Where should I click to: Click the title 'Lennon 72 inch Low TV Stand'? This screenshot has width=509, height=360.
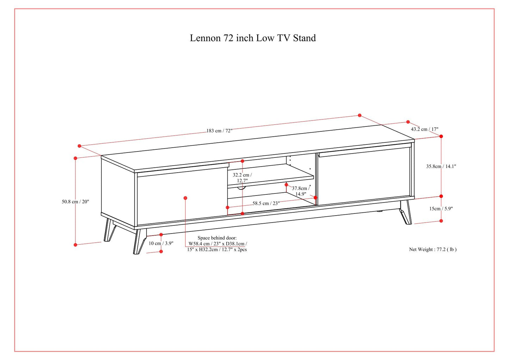click(x=253, y=38)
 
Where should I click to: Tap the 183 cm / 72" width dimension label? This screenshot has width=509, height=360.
click(x=219, y=131)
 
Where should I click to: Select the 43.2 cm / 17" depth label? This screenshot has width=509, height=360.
click(x=424, y=129)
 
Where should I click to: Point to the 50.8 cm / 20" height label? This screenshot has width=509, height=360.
click(x=75, y=202)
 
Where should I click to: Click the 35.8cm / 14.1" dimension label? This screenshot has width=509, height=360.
click(x=441, y=166)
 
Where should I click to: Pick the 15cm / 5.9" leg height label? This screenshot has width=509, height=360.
click(x=441, y=209)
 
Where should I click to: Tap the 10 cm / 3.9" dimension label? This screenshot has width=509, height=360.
click(x=161, y=243)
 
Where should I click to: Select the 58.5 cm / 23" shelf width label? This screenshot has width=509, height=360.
click(x=266, y=203)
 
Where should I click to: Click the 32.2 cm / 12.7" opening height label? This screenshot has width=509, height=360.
click(x=242, y=178)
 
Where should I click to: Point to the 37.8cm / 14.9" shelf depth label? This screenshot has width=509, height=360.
click(x=300, y=191)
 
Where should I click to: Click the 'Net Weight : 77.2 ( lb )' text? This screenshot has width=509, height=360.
click(x=433, y=249)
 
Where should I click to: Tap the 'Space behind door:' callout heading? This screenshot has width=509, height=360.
click(x=217, y=238)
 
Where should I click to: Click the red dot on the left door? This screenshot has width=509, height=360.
click(x=186, y=198)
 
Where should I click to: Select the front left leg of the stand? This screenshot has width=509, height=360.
click(x=139, y=241)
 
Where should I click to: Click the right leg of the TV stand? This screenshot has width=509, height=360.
click(x=406, y=212)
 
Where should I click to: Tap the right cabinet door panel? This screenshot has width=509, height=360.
click(x=365, y=176)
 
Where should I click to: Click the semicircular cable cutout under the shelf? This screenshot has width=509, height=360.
click(x=241, y=188)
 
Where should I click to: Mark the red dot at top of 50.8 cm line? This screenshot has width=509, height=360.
click(x=75, y=158)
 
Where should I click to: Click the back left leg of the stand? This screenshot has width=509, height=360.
click(x=109, y=231)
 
